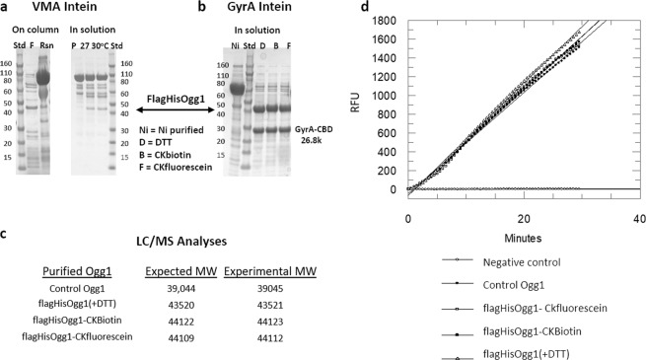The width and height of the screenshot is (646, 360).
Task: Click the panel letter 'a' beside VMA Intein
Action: coord(7,9)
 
